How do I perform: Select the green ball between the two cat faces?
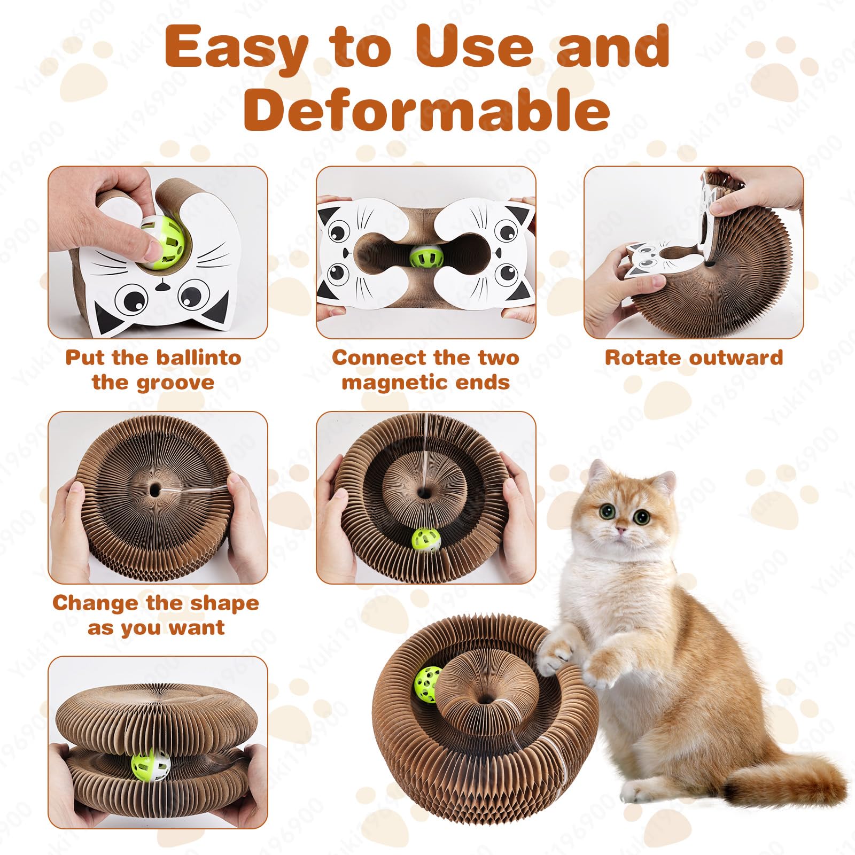click(x=427, y=258)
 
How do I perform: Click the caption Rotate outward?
click(x=694, y=357)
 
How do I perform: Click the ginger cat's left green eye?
click(x=607, y=511)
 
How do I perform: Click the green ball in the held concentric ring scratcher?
click(x=426, y=540)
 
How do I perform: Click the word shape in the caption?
click(x=224, y=603)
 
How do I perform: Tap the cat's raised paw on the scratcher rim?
click(x=556, y=649)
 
